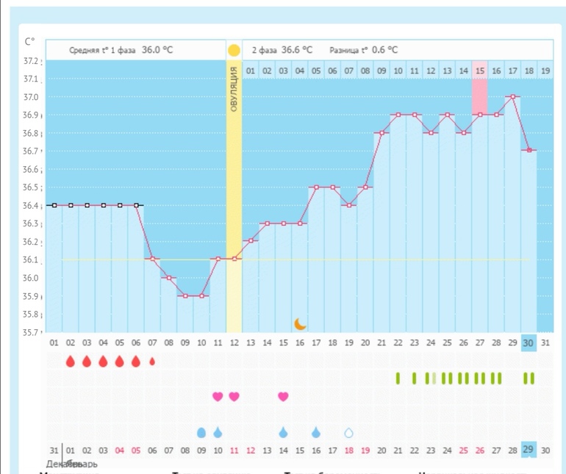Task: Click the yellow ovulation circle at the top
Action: point(234,51)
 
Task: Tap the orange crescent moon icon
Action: point(300,323)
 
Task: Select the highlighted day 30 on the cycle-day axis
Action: point(529,342)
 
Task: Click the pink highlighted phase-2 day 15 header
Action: point(479,71)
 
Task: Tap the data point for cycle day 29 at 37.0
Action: point(512,96)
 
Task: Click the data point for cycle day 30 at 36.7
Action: point(529,150)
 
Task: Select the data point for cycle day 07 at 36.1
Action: point(152,259)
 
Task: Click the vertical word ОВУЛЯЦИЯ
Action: point(234,88)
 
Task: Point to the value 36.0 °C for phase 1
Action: point(157,50)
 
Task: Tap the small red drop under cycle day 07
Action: point(152,361)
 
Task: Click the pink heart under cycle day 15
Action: point(283,397)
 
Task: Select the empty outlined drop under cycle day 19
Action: point(349,433)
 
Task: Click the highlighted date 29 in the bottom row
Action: point(529,450)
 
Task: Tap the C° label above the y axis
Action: point(29,41)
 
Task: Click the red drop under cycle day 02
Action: point(71,361)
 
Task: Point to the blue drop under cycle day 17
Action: point(316,432)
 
